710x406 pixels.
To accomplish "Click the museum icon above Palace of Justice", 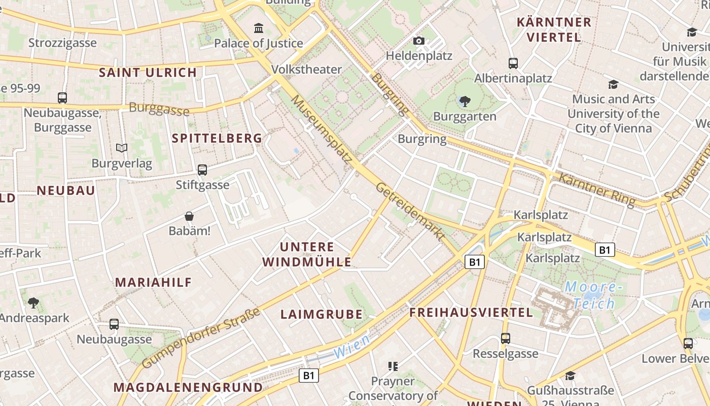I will click(x=259, y=27).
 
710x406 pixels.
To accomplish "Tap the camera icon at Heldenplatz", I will click(x=419, y=41).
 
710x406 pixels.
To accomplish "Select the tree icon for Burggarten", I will click(x=464, y=101).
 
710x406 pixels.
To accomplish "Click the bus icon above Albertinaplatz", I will click(x=513, y=63).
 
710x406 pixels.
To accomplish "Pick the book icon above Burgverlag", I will click(x=122, y=148).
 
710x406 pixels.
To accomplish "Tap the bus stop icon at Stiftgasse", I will click(x=202, y=170).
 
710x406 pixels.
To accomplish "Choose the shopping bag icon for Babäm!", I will click(x=189, y=216).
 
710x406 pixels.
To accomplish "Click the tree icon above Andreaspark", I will click(x=33, y=303).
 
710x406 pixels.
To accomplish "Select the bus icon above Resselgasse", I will click(x=505, y=339).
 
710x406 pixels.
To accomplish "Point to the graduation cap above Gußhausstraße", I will click(x=571, y=376).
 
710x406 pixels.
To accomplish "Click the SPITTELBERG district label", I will click(x=217, y=138).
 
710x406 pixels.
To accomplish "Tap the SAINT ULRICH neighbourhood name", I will click(x=148, y=73).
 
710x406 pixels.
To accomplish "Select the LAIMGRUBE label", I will click(x=322, y=315).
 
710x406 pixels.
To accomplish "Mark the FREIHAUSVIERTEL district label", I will click(x=471, y=313).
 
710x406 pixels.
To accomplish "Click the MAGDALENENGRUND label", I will click(x=188, y=388).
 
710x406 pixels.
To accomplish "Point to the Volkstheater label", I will click(x=307, y=69).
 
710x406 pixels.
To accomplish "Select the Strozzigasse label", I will click(x=62, y=43).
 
